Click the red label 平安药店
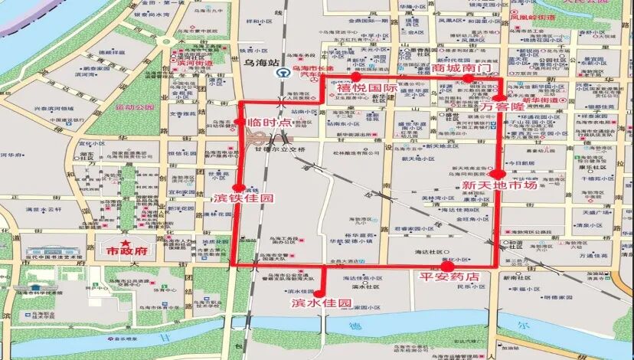click(456, 276)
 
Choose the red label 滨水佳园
click(321, 303)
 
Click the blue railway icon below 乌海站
click(282, 72)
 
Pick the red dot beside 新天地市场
click(499, 174)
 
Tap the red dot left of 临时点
click(237, 122)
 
